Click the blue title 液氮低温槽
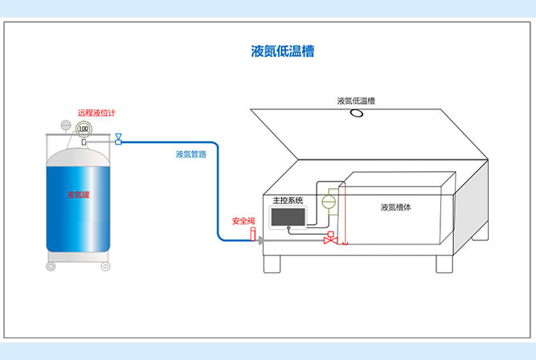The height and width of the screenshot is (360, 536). [x=282, y=51]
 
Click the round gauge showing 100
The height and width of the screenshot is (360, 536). [x=83, y=128]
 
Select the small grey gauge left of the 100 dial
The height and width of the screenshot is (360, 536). [x=63, y=125]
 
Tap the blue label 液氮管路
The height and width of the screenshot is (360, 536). [x=191, y=154]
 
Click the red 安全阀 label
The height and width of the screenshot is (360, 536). [x=243, y=221]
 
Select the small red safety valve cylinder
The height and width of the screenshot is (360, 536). [x=252, y=235]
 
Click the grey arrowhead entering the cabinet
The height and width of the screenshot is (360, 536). [x=263, y=239]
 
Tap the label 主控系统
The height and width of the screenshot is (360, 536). [x=288, y=201]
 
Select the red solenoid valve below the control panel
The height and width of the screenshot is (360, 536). [x=329, y=239]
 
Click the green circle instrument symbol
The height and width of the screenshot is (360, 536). [x=328, y=202]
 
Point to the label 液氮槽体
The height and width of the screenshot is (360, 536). [x=396, y=207]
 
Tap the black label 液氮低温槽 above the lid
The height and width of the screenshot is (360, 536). [x=356, y=101]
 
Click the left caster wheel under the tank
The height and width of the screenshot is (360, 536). [x=51, y=265]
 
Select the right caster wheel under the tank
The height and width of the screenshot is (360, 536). [x=104, y=265]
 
